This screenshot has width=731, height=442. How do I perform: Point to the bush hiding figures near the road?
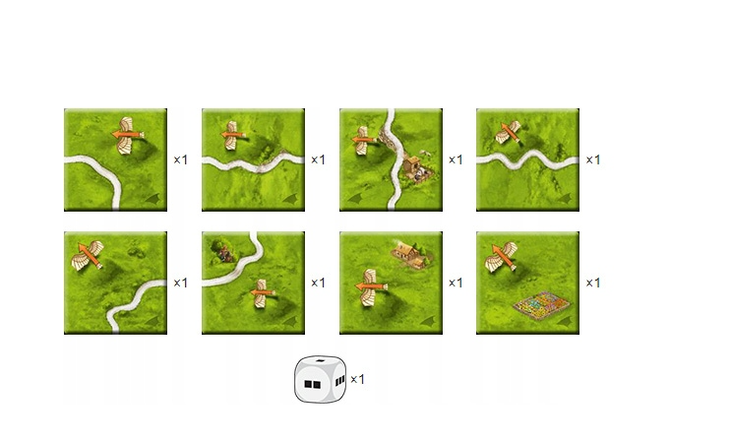click(222, 252)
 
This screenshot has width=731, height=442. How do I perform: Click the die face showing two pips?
click(312, 384)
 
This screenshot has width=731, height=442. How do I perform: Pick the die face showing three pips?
click(339, 381)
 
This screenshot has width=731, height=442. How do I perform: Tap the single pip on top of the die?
click(320, 361)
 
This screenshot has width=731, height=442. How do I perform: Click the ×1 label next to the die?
click(357, 380)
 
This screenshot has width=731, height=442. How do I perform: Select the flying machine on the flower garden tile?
click(502, 256)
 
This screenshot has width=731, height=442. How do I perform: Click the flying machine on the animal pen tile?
click(364, 141)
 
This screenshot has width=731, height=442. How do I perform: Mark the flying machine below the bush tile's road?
click(263, 293)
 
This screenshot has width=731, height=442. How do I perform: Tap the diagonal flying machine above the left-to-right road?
click(510, 131)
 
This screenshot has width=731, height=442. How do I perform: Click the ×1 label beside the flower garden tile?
click(593, 283)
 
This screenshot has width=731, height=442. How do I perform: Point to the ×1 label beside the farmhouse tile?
click(456, 283)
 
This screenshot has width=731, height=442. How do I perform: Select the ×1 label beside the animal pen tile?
click(456, 159)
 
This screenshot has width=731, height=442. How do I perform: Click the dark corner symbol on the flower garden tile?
click(565, 321)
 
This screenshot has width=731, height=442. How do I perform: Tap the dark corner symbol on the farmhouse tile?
click(428, 321)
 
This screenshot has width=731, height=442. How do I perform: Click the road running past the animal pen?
click(395, 158)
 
